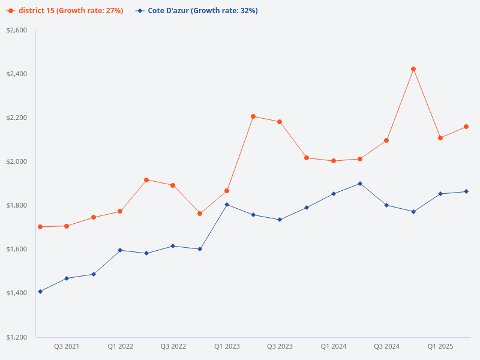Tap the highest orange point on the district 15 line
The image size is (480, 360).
[413, 69]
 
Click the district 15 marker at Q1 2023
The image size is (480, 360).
[227, 191]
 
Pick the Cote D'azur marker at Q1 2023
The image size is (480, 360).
[227, 205]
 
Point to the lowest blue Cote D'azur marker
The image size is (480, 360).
[40, 292]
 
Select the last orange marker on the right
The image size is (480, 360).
[466, 127]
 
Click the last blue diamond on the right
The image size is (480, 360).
[466, 191]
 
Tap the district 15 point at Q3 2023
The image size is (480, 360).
[280, 122]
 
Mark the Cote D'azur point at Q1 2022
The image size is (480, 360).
[120, 250]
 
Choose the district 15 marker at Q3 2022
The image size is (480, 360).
[173, 185]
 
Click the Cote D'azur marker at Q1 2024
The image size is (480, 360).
[334, 194]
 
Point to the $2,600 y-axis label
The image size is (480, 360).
[17, 30]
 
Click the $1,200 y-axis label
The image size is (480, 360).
[17, 337]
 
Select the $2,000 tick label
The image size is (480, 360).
[17, 161]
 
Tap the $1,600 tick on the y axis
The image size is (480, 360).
[17, 249]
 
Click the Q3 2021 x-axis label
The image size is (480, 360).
[67, 347]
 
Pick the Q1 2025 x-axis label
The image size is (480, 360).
[440, 347]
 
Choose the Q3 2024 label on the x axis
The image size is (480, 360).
[386, 347]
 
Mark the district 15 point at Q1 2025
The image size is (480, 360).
[440, 138]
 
